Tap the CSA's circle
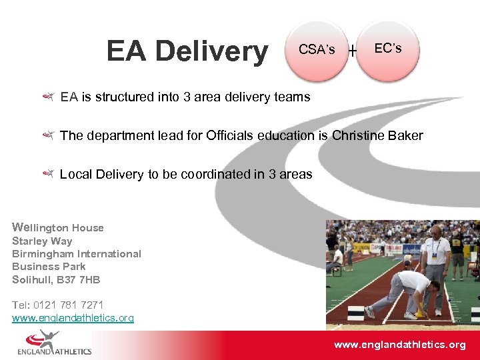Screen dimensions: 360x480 [317, 50]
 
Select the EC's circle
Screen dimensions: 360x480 [388, 49]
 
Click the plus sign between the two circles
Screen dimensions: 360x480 [352, 50]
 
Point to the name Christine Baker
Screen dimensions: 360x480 [377, 135]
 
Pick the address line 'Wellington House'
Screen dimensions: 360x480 [58, 227]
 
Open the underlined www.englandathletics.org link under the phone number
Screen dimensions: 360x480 [73, 318]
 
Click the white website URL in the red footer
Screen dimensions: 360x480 [399, 345]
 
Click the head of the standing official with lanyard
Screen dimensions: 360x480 [435, 232]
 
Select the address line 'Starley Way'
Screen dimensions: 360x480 [42, 241]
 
